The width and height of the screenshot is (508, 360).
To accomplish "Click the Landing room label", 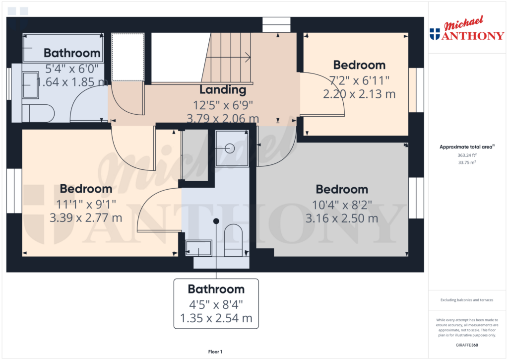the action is [223, 90].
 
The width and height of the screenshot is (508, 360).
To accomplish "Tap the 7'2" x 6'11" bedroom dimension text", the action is [359, 80].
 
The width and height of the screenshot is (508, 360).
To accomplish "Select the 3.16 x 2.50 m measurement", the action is [342, 218].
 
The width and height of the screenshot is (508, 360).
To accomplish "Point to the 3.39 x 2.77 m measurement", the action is [86, 217].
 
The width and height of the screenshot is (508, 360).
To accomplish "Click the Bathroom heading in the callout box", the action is [216, 289].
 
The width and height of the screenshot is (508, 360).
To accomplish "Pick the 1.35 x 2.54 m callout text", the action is [216, 318].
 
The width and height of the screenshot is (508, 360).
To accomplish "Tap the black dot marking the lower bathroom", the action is [216, 221].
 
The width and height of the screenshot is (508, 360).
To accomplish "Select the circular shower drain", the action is [230, 148].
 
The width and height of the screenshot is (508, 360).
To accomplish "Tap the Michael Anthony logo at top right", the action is [467, 28].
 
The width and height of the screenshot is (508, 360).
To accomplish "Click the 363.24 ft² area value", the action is [467, 155].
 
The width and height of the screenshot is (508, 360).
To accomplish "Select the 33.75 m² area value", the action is [467, 162].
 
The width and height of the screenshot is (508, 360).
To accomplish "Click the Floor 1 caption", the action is [215, 352].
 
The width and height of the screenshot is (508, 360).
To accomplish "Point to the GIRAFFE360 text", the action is [467, 345].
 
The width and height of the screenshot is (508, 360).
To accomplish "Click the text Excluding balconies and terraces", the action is [467, 300].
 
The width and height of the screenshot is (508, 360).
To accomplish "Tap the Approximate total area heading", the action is [467, 147].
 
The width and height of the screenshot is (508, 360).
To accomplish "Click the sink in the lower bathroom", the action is [198, 248].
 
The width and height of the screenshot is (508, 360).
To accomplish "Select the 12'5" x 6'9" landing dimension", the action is [223, 105].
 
